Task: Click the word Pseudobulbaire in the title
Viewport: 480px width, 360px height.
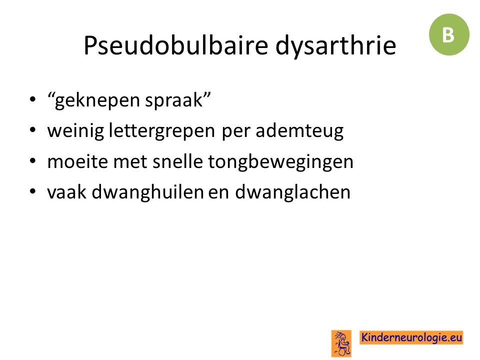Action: (176, 45)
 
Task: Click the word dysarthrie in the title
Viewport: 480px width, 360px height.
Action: (336, 46)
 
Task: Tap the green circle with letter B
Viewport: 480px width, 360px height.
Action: (449, 34)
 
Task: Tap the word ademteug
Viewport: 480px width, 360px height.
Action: (299, 130)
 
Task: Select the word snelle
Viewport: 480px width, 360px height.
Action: (177, 161)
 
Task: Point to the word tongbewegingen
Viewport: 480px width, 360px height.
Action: (280, 162)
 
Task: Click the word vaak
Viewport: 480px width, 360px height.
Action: (66, 192)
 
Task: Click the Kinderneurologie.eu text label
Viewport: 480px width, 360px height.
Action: (411, 337)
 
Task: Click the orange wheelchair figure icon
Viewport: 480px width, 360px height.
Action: (341, 343)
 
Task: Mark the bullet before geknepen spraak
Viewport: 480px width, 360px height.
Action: (33, 99)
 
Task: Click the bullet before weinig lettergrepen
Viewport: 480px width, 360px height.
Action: (33, 130)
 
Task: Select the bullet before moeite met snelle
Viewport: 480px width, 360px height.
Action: (33, 160)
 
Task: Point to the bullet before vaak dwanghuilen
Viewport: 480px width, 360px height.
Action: (33, 191)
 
